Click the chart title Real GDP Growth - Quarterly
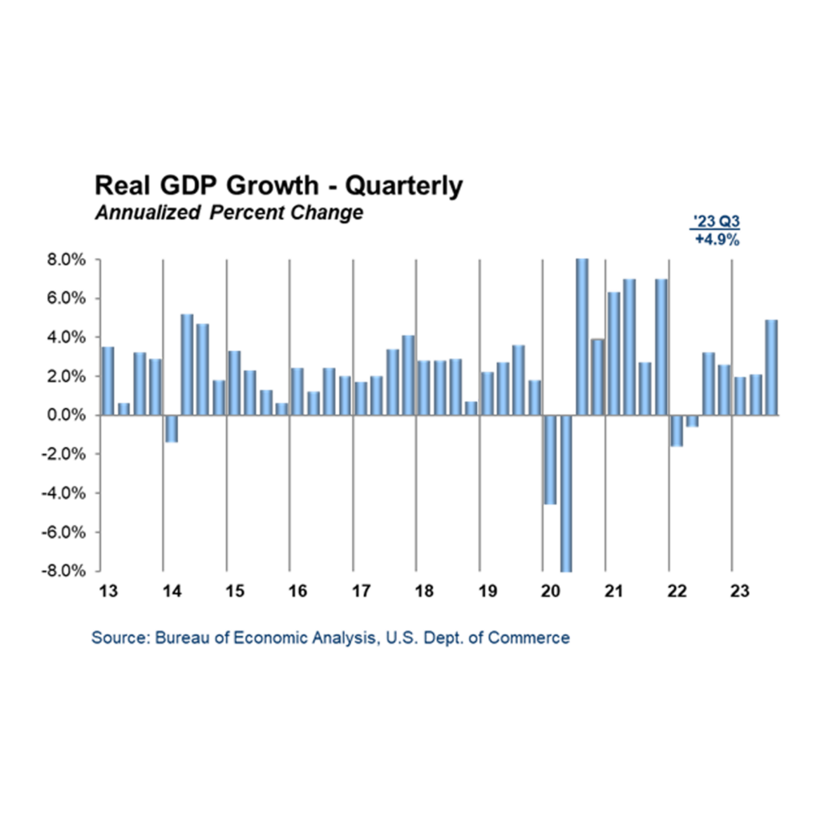[278, 186]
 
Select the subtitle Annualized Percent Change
[229, 213]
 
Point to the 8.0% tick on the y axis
[69, 260]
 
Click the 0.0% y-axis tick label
[69, 415]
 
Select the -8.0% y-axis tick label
[67, 571]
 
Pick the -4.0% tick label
[67, 493]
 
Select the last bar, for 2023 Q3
[771, 367]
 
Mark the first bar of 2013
[107, 381]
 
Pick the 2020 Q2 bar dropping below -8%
[566, 492]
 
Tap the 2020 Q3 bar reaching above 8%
[581, 337]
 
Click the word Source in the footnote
[115, 638]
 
